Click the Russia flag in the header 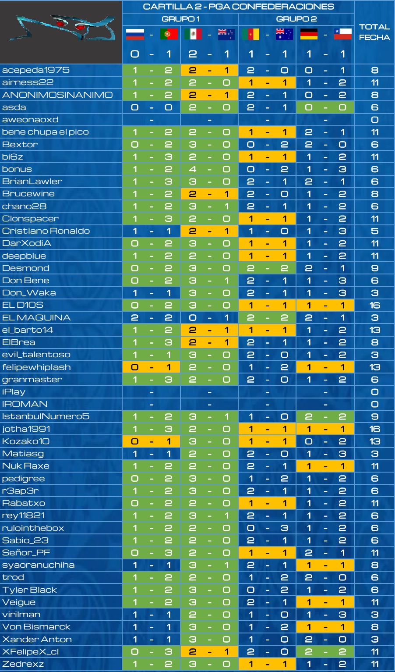(x=135, y=34)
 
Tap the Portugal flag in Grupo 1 (x=169, y=34)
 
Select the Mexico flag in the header (x=193, y=34)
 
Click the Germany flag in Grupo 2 (x=309, y=34)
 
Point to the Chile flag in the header (x=343, y=34)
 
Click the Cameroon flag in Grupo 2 (x=251, y=34)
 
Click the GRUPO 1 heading (x=181, y=19)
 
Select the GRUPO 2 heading (x=296, y=19)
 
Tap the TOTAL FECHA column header (x=374, y=32)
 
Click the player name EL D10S (x=23, y=305)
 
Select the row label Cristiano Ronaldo (x=46, y=231)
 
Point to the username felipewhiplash (x=36, y=367)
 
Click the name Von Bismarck (x=36, y=627)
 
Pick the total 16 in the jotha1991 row (x=374, y=429)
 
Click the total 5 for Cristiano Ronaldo (x=374, y=231)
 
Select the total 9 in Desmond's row (x=374, y=268)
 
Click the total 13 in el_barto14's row (x=374, y=330)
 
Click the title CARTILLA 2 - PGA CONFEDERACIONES (x=238, y=7)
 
